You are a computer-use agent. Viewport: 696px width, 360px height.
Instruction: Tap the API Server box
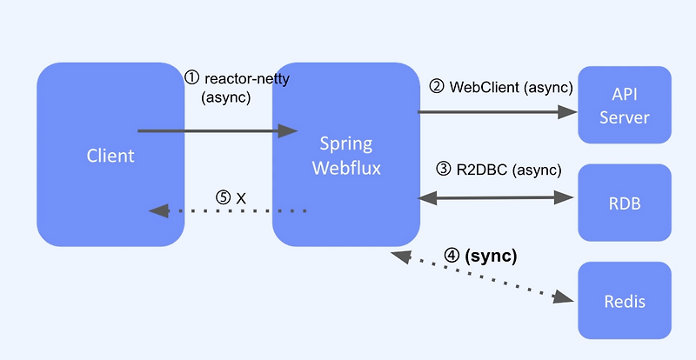pos(625,104)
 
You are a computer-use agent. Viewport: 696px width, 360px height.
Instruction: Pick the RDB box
pos(625,202)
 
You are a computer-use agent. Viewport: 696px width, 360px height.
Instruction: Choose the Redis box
pos(625,301)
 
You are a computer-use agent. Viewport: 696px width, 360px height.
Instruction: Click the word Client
pos(110,157)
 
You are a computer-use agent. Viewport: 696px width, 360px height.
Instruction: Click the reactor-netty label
pos(247,78)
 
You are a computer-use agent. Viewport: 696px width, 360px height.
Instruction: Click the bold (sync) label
pos(492,257)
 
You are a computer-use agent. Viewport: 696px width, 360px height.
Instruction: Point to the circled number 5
pos(224,197)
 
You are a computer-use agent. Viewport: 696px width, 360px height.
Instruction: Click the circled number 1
pos(192,77)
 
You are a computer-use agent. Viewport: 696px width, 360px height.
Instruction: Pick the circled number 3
pos(444,170)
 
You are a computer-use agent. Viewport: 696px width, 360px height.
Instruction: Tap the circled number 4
pos(452,257)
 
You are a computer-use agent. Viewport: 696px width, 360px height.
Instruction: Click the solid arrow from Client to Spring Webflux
pos(217,131)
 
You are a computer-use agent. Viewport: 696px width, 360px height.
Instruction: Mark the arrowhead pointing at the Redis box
pos(565,297)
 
